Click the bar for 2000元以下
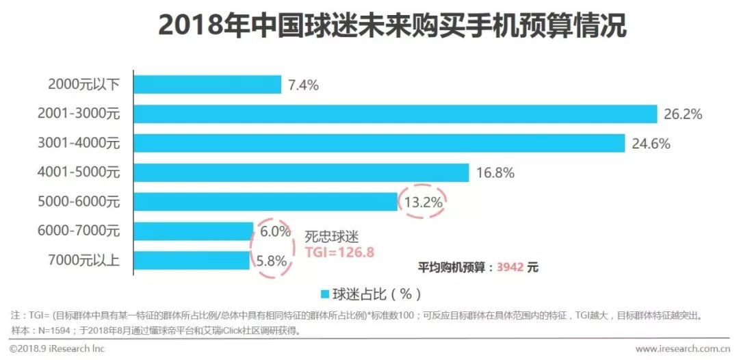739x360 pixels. pyautogui.click(x=207, y=84)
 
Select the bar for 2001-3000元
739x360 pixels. pyautogui.click(x=395, y=114)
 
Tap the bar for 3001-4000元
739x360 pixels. pyautogui.click(x=379, y=143)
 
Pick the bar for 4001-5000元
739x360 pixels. pyautogui.click(x=301, y=172)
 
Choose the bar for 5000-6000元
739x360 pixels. pyautogui.click(x=265, y=202)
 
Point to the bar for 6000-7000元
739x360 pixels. pyautogui.click(x=193, y=231)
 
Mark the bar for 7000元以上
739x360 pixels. pyautogui.click(x=192, y=261)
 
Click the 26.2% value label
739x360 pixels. pyautogui.click(x=683, y=114)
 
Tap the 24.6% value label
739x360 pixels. pyautogui.click(x=651, y=144)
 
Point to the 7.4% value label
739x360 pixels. pyautogui.click(x=304, y=85)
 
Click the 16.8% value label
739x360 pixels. pyautogui.click(x=495, y=173)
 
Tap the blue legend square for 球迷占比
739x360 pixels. pyautogui.click(x=325, y=295)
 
